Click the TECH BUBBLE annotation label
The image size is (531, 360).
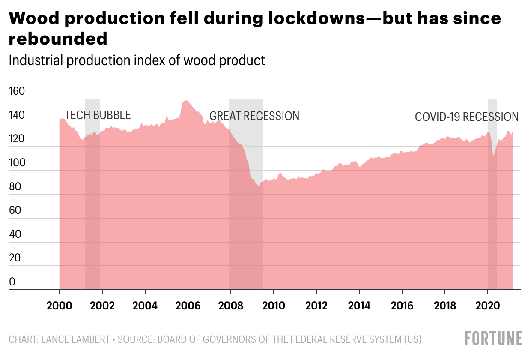(x=98, y=115)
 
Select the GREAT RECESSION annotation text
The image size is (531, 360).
(x=254, y=116)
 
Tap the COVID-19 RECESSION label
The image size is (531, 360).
(x=466, y=117)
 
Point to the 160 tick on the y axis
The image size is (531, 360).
(x=17, y=91)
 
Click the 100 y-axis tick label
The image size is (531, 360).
(x=17, y=163)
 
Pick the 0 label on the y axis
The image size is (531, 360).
(x=12, y=282)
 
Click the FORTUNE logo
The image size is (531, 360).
(x=494, y=338)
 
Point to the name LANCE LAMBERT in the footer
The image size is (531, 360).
(x=75, y=340)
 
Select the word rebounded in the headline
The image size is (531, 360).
(x=58, y=39)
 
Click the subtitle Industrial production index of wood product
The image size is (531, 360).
(x=137, y=60)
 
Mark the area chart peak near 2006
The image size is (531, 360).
(x=185, y=101)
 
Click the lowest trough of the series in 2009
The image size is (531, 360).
(x=258, y=186)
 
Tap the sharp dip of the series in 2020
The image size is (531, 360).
(x=493, y=157)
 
